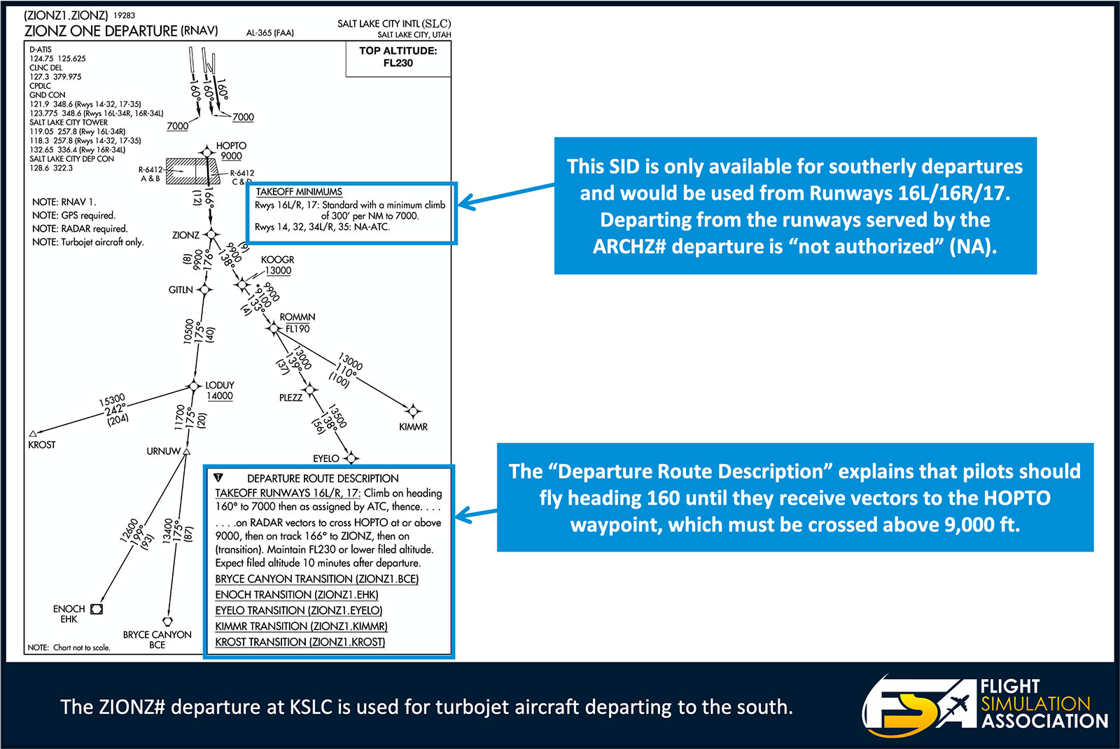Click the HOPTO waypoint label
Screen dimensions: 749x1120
(x=231, y=146)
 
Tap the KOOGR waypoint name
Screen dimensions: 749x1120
(x=277, y=260)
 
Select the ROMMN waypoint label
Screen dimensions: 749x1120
(x=297, y=317)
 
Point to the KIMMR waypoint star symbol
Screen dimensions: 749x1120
(x=413, y=411)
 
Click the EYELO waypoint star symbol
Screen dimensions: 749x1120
(x=351, y=458)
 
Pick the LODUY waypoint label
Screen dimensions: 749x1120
(x=219, y=385)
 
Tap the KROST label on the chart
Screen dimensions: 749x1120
(x=42, y=444)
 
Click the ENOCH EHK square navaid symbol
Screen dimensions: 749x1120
(x=97, y=609)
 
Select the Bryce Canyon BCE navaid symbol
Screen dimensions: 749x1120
(x=167, y=621)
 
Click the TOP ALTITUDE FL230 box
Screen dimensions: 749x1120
(x=398, y=57)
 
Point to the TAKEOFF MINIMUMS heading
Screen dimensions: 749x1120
(x=299, y=192)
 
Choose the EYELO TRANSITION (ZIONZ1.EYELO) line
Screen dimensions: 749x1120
(x=299, y=610)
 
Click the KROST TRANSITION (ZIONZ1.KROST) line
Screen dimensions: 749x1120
(x=300, y=642)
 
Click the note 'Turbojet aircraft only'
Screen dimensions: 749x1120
(x=88, y=242)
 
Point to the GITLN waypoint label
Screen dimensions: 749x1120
(x=181, y=290)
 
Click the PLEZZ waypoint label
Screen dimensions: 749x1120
(x=290, y=398)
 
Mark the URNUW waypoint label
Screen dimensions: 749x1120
(x=163, y=451)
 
